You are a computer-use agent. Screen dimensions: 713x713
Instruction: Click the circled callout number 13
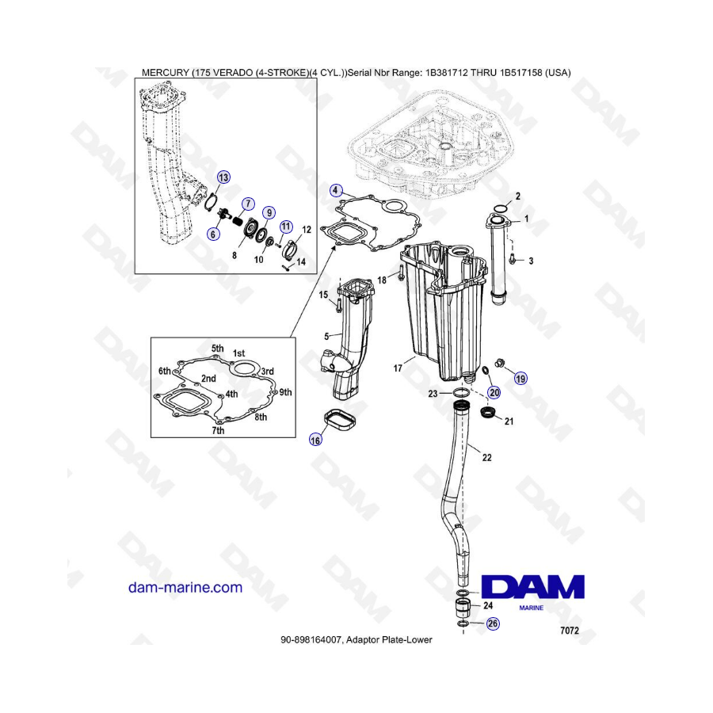pos(223,177)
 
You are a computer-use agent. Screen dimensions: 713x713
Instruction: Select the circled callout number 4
pos(336,190)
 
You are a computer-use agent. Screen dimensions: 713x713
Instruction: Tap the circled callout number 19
pos(520,379)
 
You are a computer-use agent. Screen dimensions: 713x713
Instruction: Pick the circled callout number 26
pos(493,623)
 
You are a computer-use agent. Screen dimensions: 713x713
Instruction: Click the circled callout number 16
pos(315,440)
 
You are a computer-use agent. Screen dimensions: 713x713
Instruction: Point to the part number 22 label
pos(486,457)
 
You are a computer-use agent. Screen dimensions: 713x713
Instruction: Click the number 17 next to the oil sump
pos(398,368)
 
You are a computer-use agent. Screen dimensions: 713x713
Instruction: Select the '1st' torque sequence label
pos(238,353)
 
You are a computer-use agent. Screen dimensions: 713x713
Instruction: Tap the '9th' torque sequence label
pos(285,392)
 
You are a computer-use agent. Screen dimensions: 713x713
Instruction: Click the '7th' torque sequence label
pos(218,430)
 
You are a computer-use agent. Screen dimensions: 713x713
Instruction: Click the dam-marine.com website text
pos(185,587)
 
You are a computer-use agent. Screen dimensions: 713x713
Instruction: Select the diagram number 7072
pos(570,631)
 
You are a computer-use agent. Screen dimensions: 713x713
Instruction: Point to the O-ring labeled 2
pos(500,208)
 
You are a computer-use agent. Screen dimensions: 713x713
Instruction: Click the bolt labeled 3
pos(513,258)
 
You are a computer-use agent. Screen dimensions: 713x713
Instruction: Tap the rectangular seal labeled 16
pos(339,419)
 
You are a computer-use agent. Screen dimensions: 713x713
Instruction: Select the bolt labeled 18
pos(401,273)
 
